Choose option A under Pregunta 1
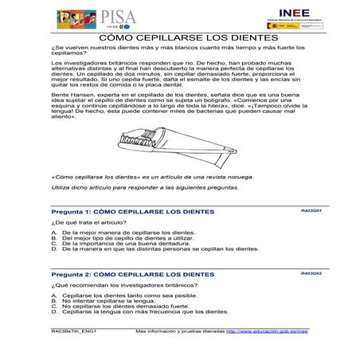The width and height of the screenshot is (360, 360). click(x=116, y=231)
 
